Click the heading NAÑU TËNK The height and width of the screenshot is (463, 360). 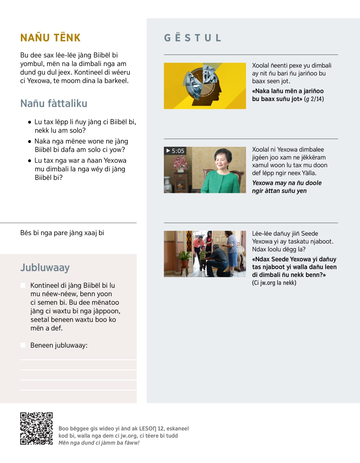[x=50, y=38]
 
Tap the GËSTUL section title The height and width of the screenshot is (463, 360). [x=193, y=38]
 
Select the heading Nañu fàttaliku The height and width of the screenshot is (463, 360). [x=54, y=104]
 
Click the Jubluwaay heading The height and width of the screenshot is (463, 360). [x=45, y=267]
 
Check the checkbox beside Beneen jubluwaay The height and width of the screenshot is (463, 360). [x=23, y=345]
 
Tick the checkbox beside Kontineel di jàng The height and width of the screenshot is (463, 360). [x=23, y=285]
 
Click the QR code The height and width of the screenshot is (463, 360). [x=36, y=428]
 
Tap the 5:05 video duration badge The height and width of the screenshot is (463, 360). [x=175, y=151]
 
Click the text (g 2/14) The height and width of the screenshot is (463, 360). [x=314, y=99]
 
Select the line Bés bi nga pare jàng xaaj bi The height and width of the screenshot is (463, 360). [x=62, y=233]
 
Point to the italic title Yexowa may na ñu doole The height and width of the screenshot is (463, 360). [x=286, y=187]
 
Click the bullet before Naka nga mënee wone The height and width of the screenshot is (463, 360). [x=29, y=141]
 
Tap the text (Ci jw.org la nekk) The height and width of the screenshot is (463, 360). [x=274, y=283]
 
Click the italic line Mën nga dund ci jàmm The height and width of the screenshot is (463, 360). [x=99, y=443]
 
